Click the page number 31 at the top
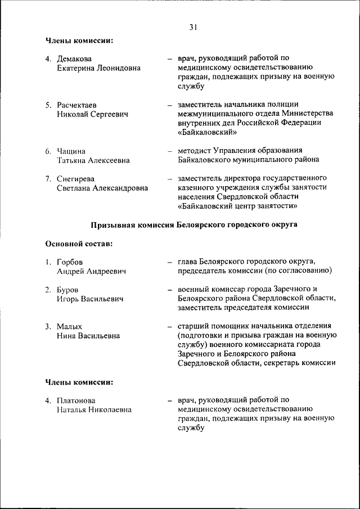(193, 26)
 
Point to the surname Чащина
(71, 151)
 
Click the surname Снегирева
(76, 178)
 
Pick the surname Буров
(67, 289)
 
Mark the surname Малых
(69, 326)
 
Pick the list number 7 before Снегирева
(48, 178)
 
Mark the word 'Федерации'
(303, 123)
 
